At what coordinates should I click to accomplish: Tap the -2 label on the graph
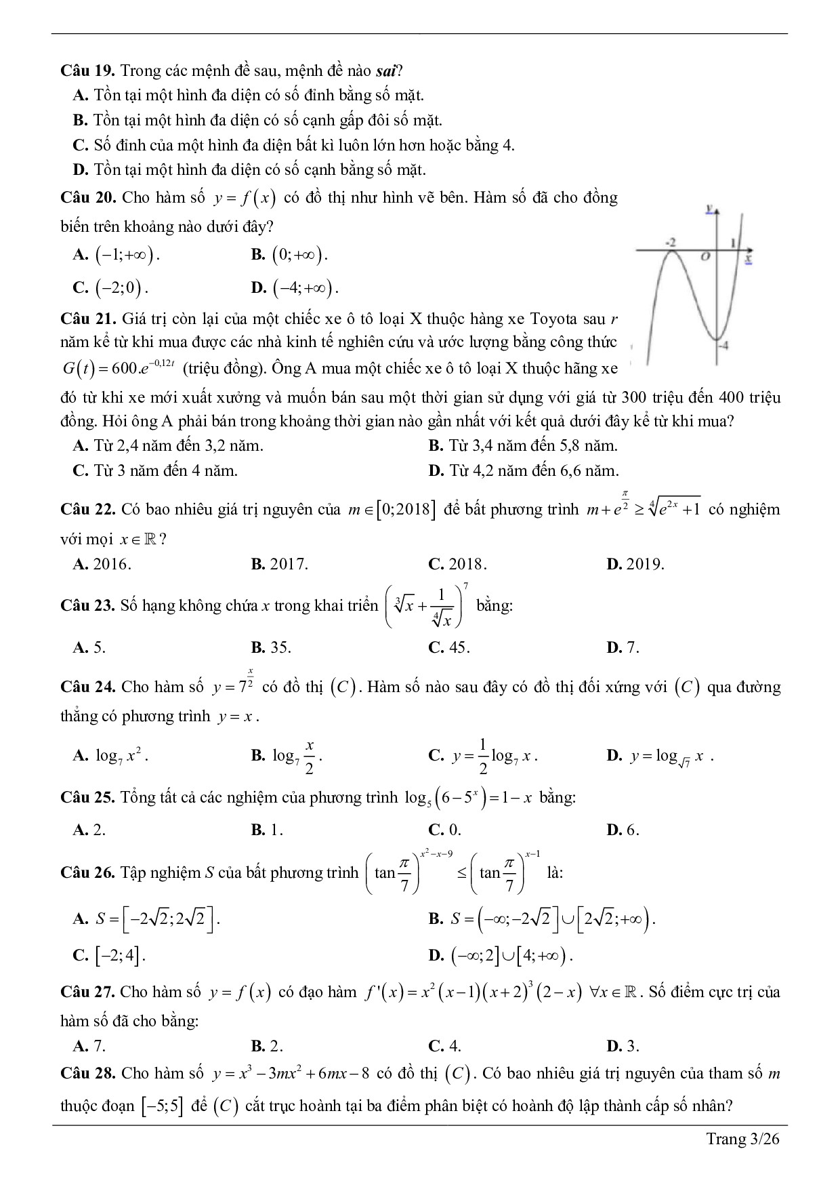(x=671, y=242)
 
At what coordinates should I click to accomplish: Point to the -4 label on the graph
(x=723, y=346)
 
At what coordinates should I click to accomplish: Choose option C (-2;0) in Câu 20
(x=111, y=288)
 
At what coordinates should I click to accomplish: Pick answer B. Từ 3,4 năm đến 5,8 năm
(x=523, y=446)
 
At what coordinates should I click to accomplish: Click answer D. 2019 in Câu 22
(x=635, y=564)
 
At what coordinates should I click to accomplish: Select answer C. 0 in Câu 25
(x=445, y=830)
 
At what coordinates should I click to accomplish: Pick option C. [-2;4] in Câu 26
(x=110, y=955)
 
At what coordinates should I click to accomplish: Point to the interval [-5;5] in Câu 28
(x=162, y=1106)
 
